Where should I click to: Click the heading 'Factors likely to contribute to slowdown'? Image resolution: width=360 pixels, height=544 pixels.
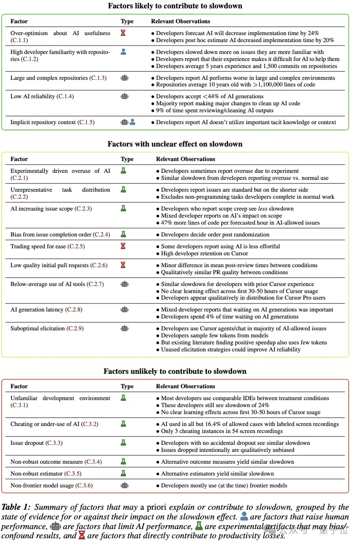click(175, 6)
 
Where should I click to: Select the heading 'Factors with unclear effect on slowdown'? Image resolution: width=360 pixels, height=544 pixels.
click(175, 144)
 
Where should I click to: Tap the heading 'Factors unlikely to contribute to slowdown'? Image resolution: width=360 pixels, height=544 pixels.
click(175, 371)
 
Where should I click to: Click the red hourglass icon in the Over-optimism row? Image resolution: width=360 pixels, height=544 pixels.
click(123, 33)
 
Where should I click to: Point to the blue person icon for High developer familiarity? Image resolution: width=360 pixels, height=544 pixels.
click(123, 52)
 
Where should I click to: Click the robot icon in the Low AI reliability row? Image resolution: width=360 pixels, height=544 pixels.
click(125, 96)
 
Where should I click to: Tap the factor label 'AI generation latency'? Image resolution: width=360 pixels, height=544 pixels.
click(38, 310)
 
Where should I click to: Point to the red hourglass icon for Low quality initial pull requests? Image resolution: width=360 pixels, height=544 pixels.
click(123, 265)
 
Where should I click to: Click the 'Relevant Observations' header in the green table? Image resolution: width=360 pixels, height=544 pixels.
click(180, 21)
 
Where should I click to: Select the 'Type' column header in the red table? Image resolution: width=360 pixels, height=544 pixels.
click(127, 387)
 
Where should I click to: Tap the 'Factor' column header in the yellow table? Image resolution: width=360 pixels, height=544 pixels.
click(19, 159)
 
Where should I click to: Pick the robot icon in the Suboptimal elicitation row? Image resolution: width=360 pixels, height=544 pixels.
click(125, 328)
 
